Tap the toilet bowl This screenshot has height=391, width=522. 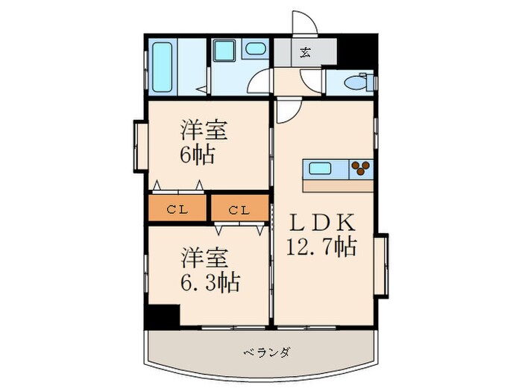356,82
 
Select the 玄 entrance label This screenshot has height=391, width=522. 306,51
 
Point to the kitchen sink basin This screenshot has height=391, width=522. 322,168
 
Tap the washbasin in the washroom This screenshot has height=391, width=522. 255,50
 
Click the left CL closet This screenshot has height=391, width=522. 177,209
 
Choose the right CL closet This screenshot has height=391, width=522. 239,209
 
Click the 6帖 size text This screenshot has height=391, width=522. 197,156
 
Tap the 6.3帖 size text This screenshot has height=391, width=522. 208,283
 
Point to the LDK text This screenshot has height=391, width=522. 321,223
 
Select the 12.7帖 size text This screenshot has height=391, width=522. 321,246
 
